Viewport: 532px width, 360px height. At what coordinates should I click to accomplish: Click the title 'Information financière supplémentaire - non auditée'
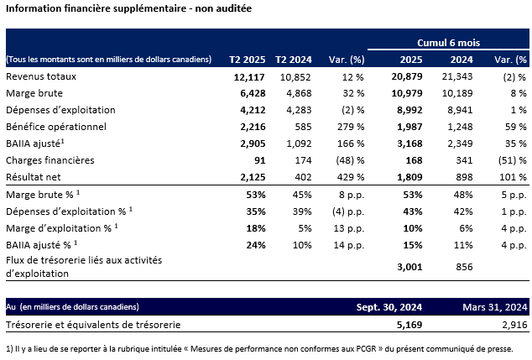point(128,9)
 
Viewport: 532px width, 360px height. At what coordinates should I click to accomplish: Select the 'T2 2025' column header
point(248,60)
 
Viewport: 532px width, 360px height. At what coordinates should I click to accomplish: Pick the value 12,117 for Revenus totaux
point(249,76)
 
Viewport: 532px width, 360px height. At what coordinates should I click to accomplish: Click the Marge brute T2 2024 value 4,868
point(297,93)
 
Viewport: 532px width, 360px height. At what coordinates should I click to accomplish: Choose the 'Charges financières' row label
point(47,159)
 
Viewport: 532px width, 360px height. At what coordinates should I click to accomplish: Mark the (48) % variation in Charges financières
point(346,159)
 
